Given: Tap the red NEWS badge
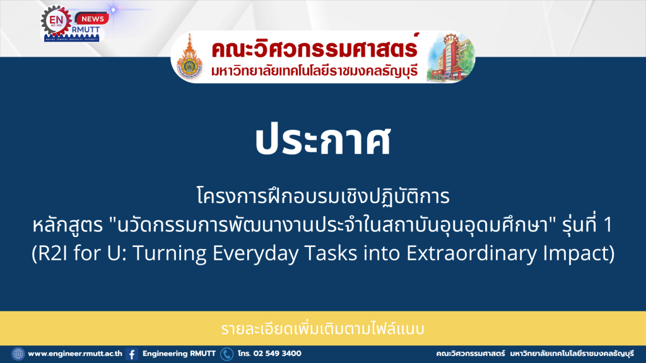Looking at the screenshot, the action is click(92, 18).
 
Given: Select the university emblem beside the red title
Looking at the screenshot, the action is click(189, 58).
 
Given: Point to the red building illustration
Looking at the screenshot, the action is click(450, 57).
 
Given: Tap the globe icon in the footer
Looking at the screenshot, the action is click(18, 354).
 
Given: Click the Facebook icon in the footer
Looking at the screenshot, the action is click(132, 354).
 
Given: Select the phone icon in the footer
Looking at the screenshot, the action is click(226, 354).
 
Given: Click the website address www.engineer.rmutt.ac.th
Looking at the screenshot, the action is click(75, 354).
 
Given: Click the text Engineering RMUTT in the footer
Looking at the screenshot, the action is click(179, 354).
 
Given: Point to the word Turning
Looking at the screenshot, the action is click(169, 253).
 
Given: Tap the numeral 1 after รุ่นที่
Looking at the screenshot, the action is click(608, 225).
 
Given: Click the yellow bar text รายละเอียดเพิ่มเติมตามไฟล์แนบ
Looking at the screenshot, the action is click(322, 329).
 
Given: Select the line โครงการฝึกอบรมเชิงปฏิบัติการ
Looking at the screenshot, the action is click(323, 196).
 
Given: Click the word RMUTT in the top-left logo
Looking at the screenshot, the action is click(85, 30).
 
